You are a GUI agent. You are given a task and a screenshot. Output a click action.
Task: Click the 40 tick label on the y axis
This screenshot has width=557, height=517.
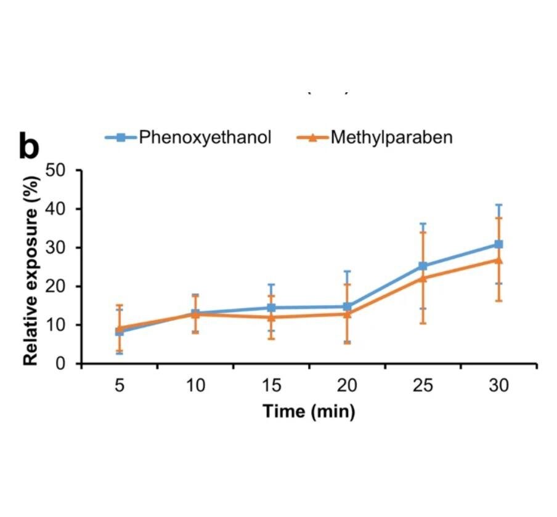61,209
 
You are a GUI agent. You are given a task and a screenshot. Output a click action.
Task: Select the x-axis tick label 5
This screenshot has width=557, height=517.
120,386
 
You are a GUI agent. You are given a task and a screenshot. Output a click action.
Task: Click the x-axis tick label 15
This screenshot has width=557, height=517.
271,386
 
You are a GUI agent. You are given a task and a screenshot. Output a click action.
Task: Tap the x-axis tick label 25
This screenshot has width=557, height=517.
423,386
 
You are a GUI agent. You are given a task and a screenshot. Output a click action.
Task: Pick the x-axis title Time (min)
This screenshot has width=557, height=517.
309,411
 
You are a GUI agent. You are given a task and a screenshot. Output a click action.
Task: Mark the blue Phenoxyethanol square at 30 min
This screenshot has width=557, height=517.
499,244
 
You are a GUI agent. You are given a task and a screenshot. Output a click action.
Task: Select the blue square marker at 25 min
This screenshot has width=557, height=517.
423,266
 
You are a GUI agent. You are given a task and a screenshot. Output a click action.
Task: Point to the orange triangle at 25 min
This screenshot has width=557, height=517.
423,278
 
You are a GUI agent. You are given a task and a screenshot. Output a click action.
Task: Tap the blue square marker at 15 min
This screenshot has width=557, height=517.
271,308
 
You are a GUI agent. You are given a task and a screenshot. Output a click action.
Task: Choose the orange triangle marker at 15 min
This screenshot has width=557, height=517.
271,318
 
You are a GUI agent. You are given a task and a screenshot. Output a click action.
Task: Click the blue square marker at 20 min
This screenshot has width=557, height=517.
347,307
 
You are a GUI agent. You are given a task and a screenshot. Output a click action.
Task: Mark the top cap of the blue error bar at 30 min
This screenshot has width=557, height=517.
499,205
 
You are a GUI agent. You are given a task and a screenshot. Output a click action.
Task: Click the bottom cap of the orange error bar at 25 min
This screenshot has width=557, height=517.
423,323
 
